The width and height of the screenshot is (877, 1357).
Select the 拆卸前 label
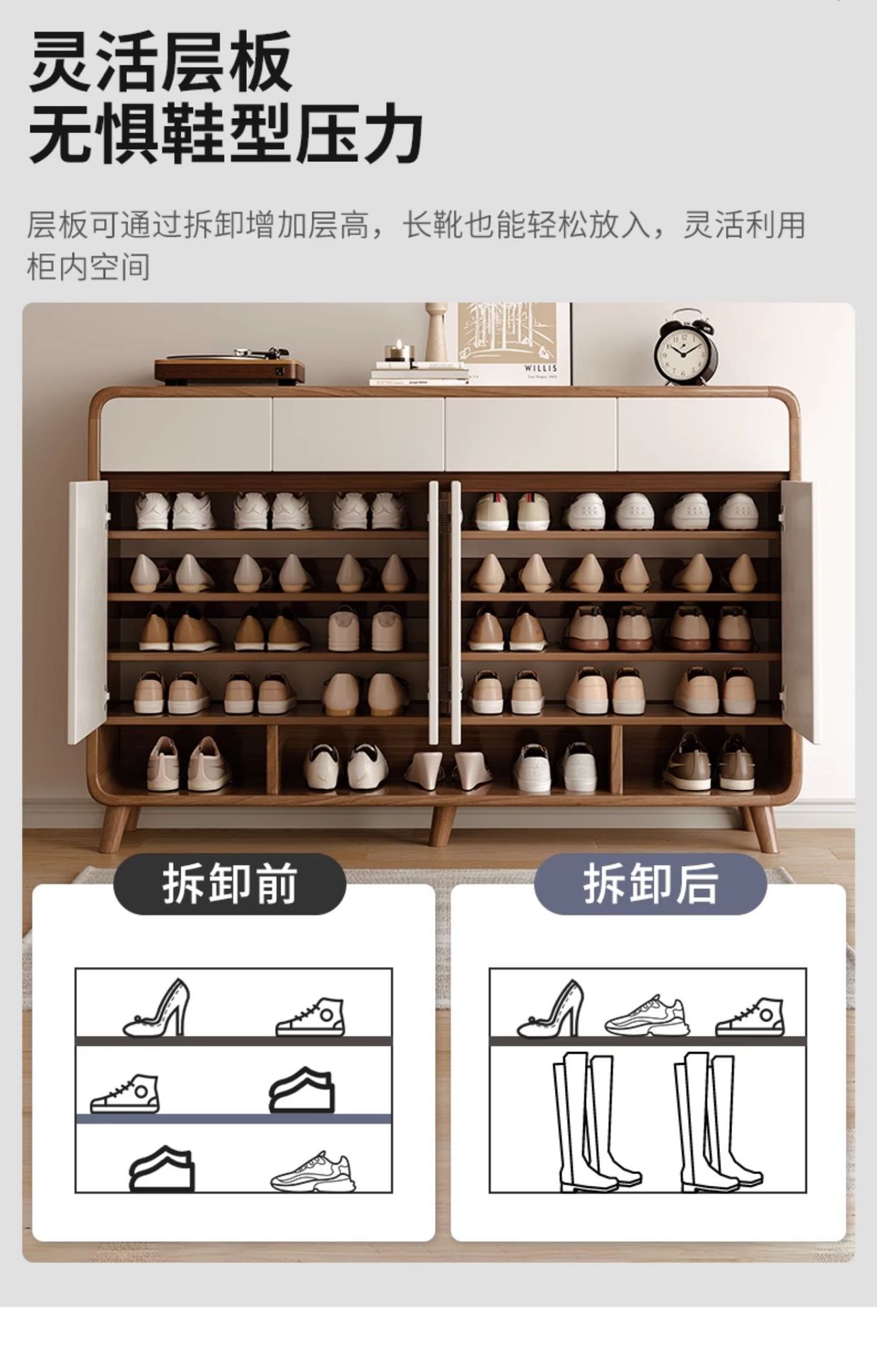230,884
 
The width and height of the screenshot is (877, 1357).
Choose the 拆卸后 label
650,884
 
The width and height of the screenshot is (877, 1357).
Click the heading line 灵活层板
161,61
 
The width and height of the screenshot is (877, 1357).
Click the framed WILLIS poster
514,343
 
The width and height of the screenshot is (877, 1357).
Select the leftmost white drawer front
186,435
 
